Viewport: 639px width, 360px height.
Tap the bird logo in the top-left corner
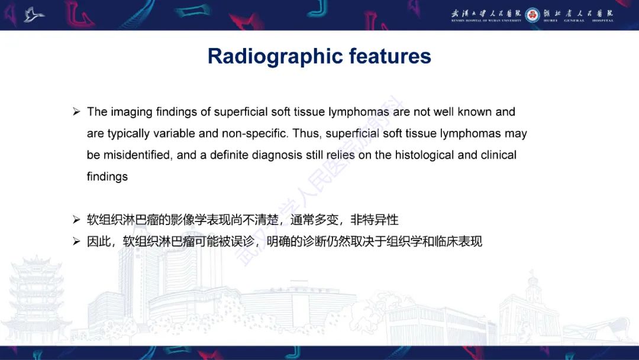click(x=34, y=14)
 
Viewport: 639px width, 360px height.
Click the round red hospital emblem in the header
click(x=532, y=15)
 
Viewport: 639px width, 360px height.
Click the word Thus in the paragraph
click(x=306, y=133)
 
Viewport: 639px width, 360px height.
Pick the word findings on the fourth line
click(x=107, y=176)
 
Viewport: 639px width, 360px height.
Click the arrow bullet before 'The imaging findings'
click(x=76, y=112)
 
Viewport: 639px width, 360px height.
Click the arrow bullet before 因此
click(x=76, y=242)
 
